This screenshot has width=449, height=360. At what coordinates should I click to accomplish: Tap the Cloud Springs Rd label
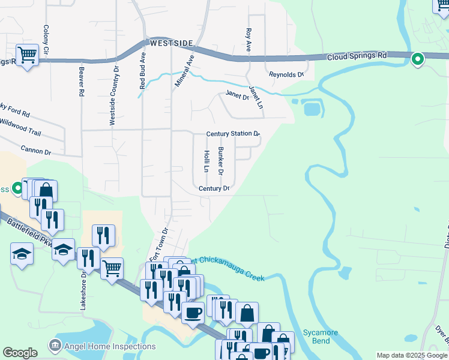point(357,56)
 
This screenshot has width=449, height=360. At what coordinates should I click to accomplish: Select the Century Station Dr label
point(233,134)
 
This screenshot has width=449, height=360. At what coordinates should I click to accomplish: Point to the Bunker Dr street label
point(221,160)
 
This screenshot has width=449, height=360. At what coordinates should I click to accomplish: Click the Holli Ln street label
point(206,161)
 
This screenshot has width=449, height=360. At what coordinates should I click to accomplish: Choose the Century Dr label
point(215,188)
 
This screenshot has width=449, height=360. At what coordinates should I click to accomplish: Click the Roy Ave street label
point(247,38)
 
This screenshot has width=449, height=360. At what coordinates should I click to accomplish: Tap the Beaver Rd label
point(80,81)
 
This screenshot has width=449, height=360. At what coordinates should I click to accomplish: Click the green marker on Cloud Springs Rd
point(418,59)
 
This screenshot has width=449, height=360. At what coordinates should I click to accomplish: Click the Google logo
point(20,352)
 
